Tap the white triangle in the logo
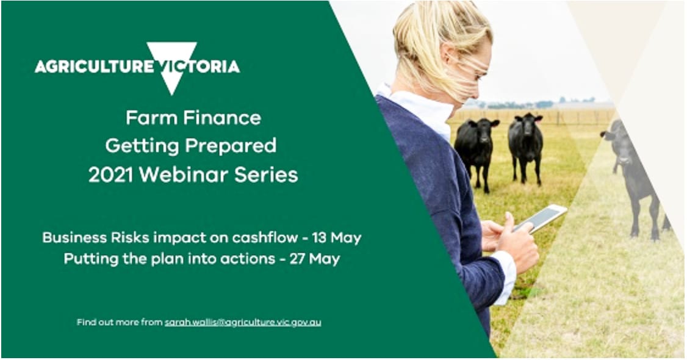coord(171,61)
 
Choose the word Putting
coord(87,259)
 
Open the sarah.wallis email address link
coord(243,322)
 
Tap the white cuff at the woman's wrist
coord(506,278)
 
